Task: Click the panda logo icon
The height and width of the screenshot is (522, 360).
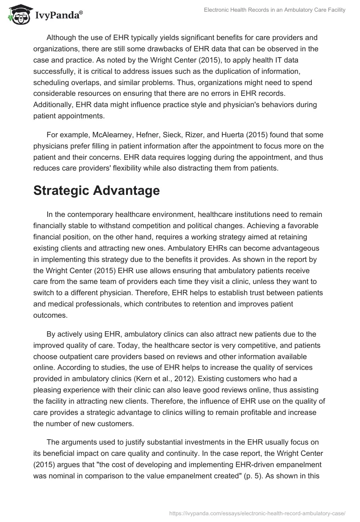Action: tap(18, 15)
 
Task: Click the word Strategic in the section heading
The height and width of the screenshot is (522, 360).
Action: tap(62, 191)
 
